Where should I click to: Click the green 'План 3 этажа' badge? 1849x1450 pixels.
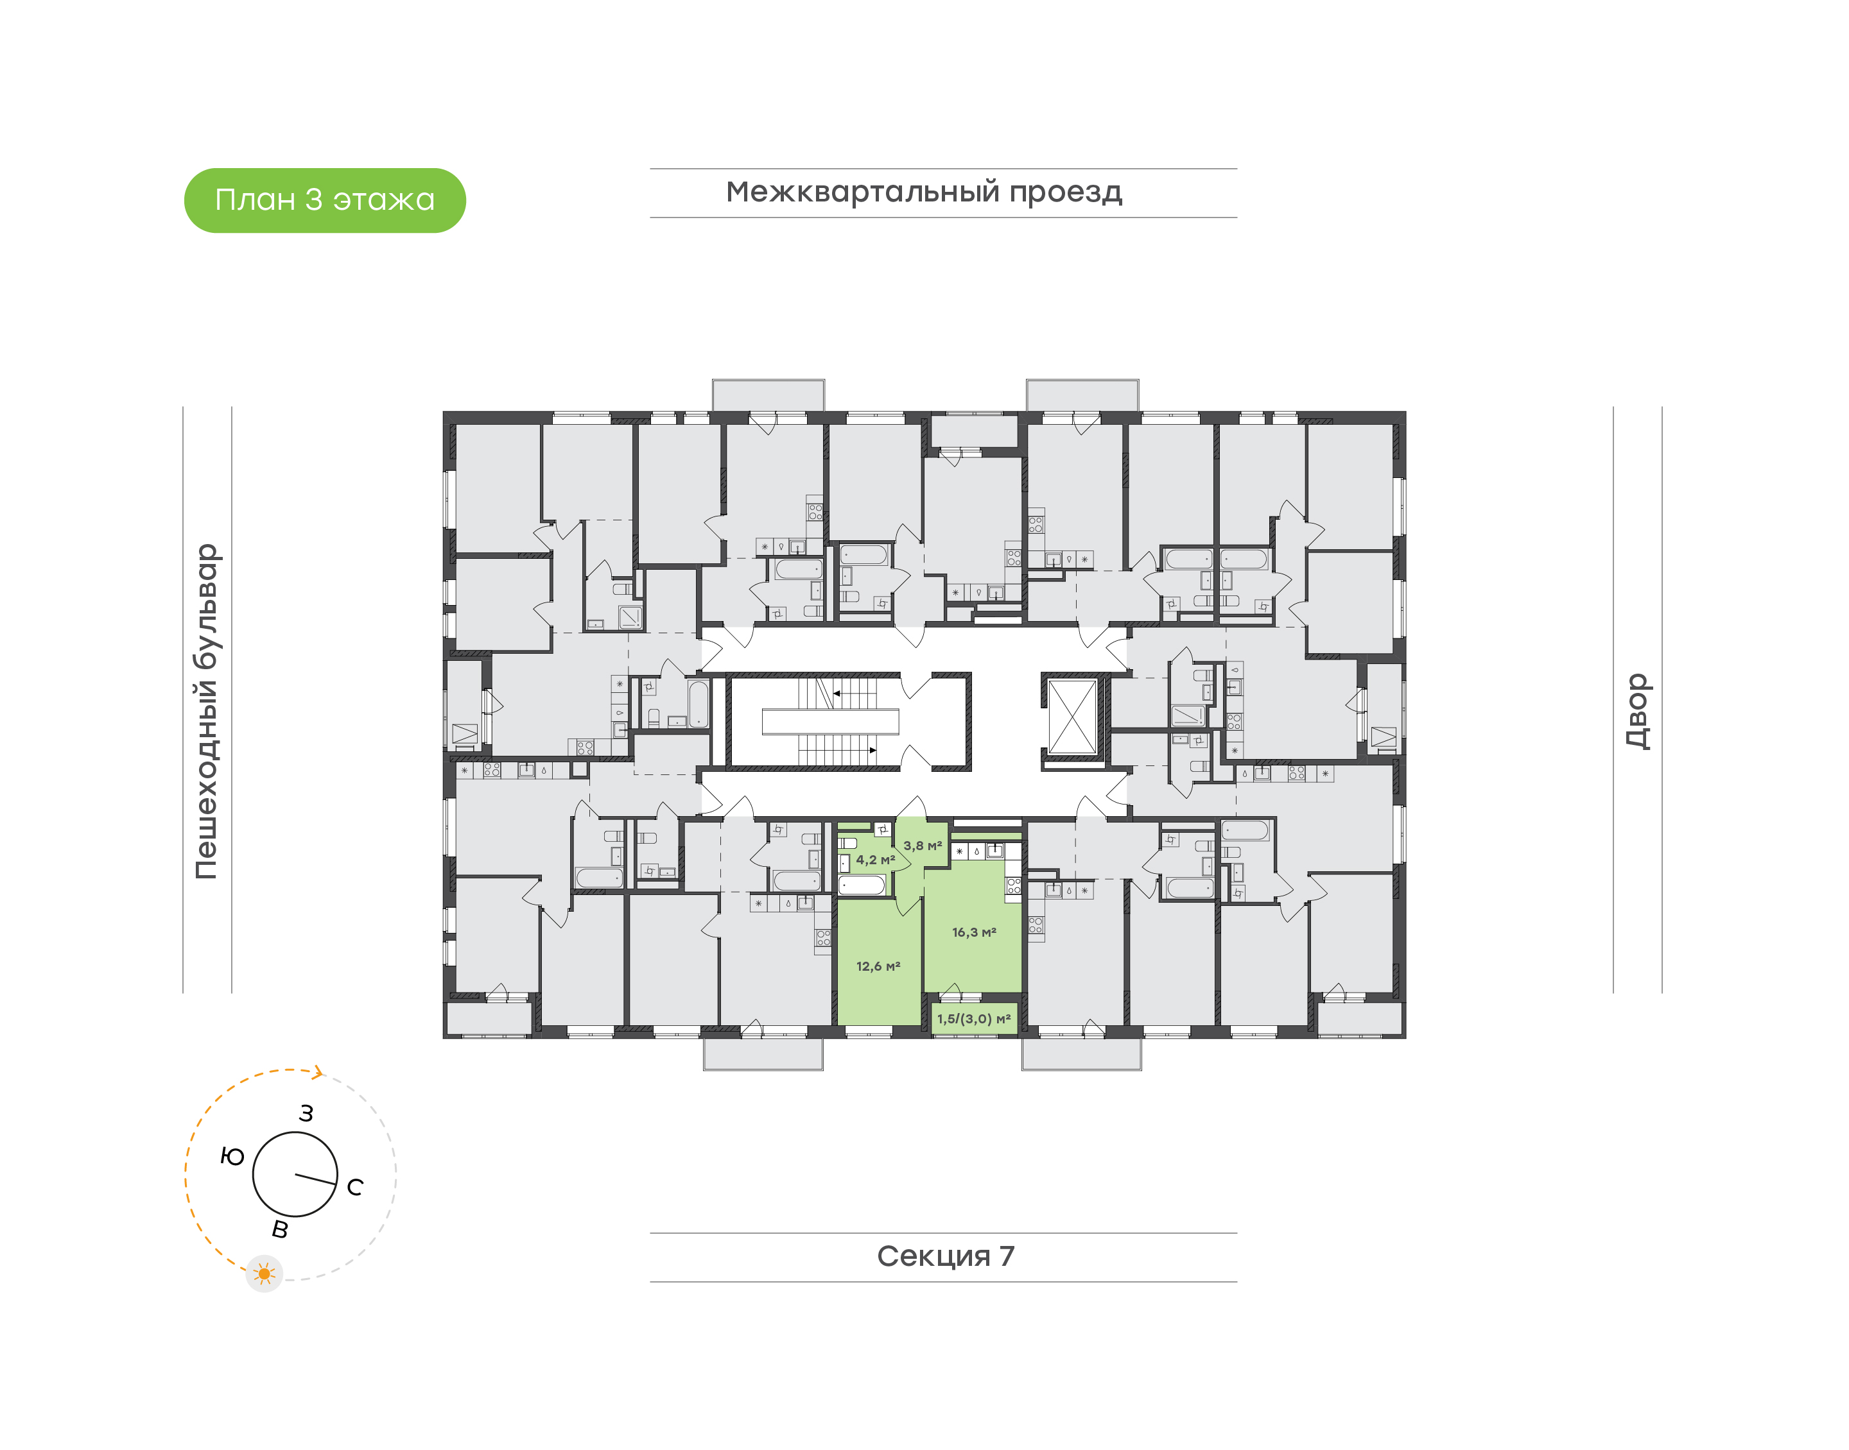point(324,200)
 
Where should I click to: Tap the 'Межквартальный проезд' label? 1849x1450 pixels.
point(923,192)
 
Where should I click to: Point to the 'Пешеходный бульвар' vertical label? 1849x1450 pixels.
point(206,711)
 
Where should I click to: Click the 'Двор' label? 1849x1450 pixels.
point(1636,711)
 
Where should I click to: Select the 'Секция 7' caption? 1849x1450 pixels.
point(944,1256)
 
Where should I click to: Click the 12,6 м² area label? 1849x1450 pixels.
point(878,966)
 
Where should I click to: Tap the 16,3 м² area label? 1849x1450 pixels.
point(973,932)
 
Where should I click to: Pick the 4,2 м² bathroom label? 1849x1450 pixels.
point(875,860)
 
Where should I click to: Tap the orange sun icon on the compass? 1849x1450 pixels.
point(264,1274)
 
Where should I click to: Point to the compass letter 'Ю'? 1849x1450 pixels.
point(232,1156)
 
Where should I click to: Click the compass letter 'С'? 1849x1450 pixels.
point(355,1187)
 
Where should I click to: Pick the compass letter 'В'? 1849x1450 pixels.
point(279,1229)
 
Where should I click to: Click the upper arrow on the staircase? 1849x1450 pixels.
point(837,694)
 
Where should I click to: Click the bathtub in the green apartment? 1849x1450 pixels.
point(862,885)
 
